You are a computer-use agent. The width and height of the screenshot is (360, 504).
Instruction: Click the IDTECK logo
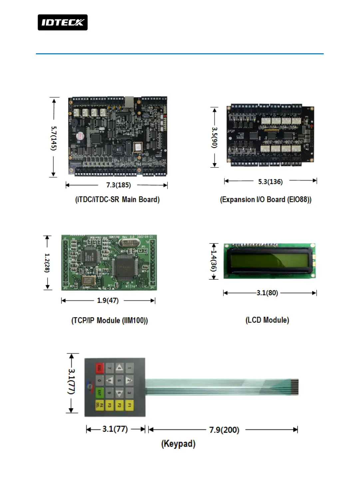(x=63, y=22)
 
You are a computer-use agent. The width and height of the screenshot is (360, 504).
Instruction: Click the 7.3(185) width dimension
(x=118, y=185)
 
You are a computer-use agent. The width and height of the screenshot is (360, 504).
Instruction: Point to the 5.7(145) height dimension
(x=54, y=138)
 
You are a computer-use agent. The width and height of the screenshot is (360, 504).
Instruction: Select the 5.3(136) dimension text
(x=270, y=182)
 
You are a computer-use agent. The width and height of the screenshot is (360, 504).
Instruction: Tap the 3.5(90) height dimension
(x=214, y=137)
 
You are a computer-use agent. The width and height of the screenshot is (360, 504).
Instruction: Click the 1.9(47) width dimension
(x=108, y=300)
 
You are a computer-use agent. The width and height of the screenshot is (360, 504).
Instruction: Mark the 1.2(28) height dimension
(x=47, y=262)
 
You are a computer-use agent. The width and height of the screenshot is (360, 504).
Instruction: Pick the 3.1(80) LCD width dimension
(x=267, y=293)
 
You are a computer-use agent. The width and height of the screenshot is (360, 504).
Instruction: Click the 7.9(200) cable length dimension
(x=224, y=430)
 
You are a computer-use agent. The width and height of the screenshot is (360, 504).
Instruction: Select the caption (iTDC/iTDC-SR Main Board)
(x=117, y=200)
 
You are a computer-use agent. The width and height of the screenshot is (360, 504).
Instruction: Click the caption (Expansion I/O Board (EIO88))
(x=265, y=200)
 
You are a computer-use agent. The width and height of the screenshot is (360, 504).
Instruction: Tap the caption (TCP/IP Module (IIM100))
(x=110, y=320)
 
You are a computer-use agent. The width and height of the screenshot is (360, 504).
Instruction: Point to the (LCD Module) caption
(x=267, y=320)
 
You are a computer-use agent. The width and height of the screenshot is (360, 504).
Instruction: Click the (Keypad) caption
(x=178, y=444)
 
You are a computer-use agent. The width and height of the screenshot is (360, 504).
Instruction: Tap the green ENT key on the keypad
(x=99, y=393)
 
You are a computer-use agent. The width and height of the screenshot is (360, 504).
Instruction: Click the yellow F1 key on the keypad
(x=129, y=405)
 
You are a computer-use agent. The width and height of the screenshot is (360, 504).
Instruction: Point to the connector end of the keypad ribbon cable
(x=294, y=387)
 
